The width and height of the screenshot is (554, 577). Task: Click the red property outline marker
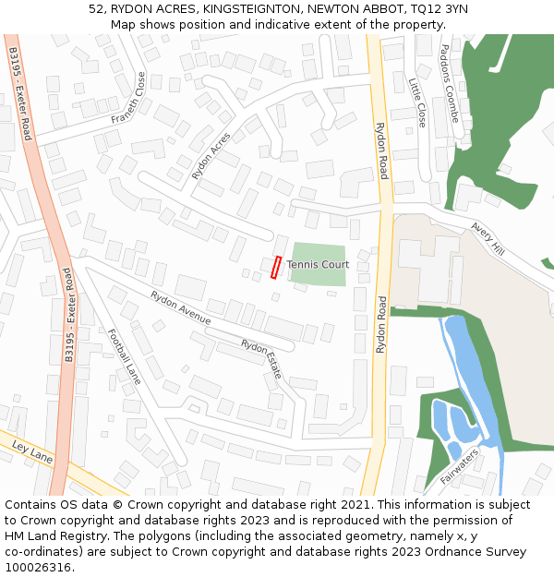pyautogui.click(x=275, y=267)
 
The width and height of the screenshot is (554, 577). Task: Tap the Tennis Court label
pyautogui.click(x=318, y=265)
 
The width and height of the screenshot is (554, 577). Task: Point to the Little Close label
pyautogui.click(x=417, y=102)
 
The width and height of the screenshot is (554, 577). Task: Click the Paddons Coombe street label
pyautogui.click(x=450, y=83)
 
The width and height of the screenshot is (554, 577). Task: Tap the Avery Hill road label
pyautogui.click(x=488, y=239)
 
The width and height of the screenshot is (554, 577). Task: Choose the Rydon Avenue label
pyautogui.click(x=181, y=307)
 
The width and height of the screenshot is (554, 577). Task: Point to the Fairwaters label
pyautogui.click(x=460, y=467)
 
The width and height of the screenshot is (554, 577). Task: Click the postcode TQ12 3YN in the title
pyautogui.click(x=434, y=8)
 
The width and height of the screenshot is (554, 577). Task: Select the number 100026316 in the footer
pyautogui.click(x=40, y=567)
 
